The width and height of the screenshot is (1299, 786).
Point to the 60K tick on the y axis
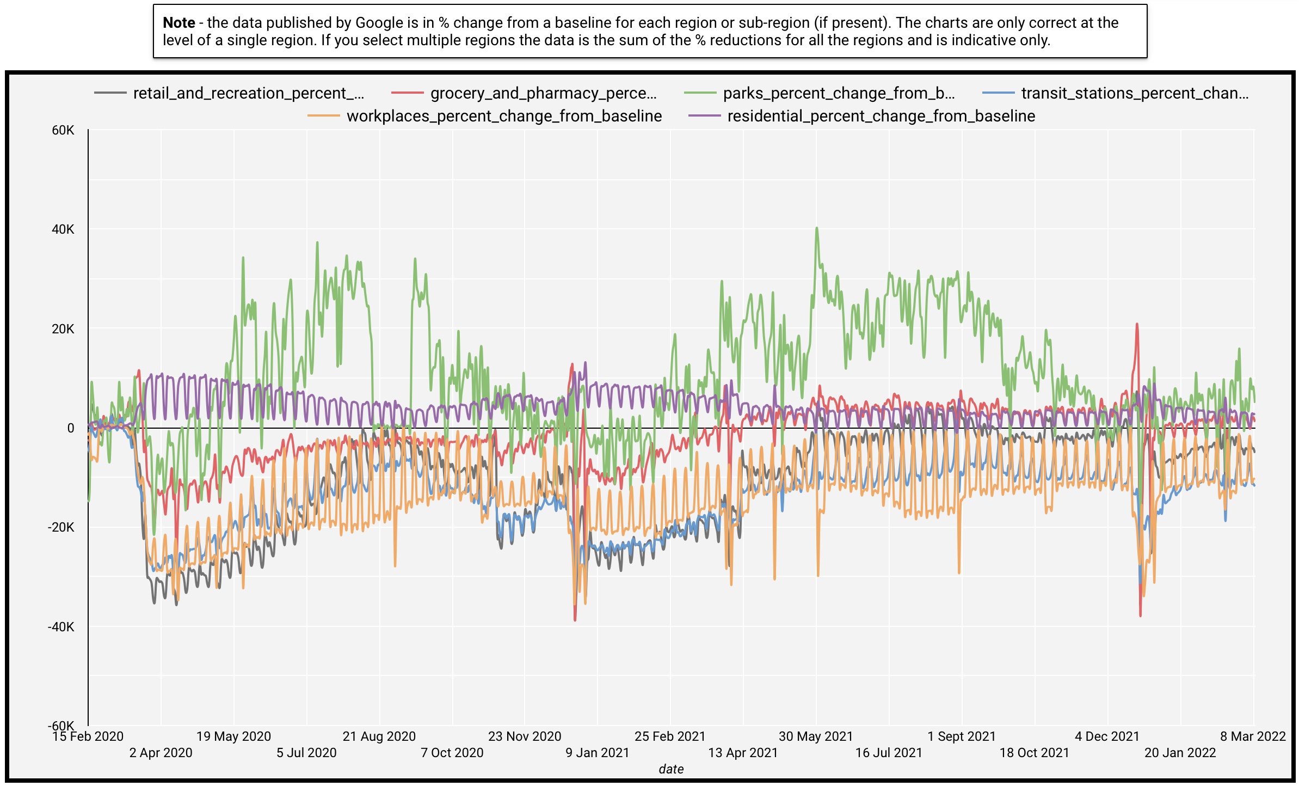click(63, 130)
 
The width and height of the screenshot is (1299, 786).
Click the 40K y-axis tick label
click(63, 229)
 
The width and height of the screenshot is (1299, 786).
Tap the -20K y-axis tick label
click(61, 527)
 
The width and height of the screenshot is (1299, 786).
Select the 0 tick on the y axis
click(71, 428)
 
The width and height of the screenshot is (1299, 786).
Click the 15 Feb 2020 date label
click(88, 736)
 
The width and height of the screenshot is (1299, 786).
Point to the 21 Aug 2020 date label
click(379, 736)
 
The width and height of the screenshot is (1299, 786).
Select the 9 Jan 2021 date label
click(597, 753)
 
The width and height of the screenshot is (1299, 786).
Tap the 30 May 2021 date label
click(816, 736)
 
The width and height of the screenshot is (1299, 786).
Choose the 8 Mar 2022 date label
click(1252, 736)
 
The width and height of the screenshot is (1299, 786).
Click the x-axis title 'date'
click(671, 769)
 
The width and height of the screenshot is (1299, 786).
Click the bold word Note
click(178, 23)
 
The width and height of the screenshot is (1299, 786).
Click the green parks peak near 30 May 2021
click(817, 228)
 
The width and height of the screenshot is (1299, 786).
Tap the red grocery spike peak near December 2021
click(1137, 325)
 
